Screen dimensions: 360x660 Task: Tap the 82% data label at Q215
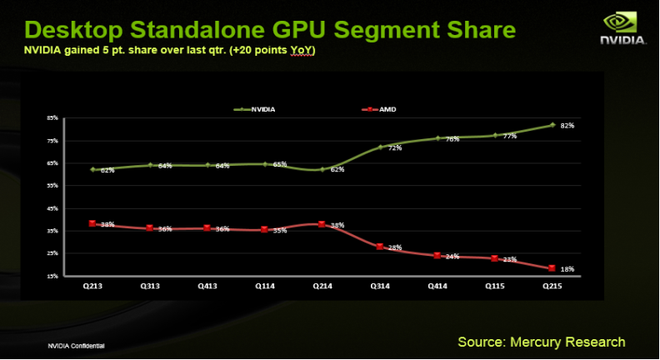[x=567, y=126]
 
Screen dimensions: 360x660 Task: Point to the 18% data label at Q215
[x=567, y=269]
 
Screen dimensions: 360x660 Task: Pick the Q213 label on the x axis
[x=92, y=285]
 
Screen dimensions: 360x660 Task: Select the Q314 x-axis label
[x=379, y=285]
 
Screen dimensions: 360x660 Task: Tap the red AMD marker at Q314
[x=379, y=247]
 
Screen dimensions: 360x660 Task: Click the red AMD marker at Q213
[x=92, y=223]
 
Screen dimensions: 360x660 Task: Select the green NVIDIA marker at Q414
[x=437, y=138]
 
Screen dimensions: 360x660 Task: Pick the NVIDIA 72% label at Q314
[x=395, y=148]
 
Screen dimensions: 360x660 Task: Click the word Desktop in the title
[x=77, y=31]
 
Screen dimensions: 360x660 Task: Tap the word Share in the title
[x=475, y=31]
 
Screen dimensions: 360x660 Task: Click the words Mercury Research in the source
[x=575, y=342]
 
